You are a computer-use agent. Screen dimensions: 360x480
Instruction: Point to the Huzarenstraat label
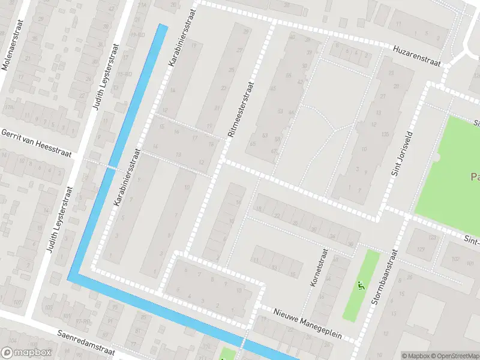(x=416, y=55)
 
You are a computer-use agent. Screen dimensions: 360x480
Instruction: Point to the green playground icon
(x=361, y=286)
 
